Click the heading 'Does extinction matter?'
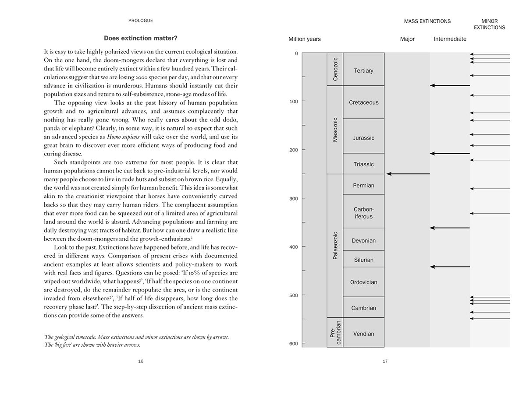(x=141, y=38)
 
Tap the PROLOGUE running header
(x=141, y=21)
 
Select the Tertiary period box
(x=363, y=70)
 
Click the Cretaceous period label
(x=363, y=102)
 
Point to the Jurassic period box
(x=363, y=137)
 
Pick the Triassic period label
(x=363, y=164)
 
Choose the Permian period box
(x=363, y=185)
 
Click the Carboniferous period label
(x=363, y=213)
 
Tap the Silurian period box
(x=363, y=260)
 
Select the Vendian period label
(x=363, y=334)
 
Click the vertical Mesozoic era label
(x=335, y=130)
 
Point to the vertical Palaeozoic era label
(x=335, y=246)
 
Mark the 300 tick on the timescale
(x=293, y=198)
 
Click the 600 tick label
(x=293, y=344)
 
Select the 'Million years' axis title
(x=304, y=39)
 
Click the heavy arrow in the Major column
(x=408, y=174)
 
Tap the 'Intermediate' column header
(x=450, y=39)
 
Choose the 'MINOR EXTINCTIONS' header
(x=489, y=24)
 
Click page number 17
(x=385, y=361)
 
